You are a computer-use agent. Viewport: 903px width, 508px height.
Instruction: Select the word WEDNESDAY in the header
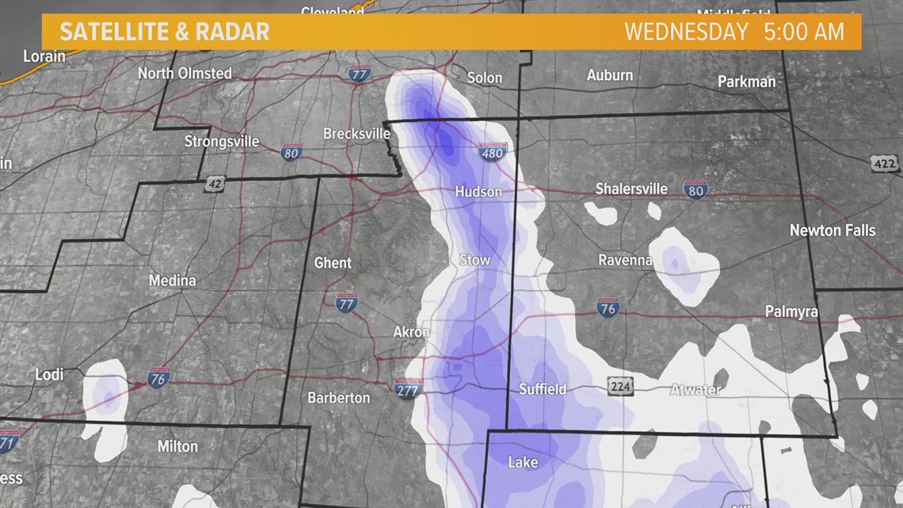[686, 32]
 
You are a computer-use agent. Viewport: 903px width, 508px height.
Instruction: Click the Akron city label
[411, 332]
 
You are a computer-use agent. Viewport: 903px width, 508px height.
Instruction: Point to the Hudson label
[478, 192]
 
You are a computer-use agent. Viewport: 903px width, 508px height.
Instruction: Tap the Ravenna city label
[625, 260]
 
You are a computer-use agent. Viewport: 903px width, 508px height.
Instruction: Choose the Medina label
[172, 281]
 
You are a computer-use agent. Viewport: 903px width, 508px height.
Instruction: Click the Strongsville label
[221, 142]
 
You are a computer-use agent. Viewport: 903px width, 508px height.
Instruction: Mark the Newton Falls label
[833, 231]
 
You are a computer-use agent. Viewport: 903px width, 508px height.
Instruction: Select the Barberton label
[338, 397]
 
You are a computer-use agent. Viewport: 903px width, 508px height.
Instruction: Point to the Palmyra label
[791, 312]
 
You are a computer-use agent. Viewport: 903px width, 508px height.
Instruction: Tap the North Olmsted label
[185, 74]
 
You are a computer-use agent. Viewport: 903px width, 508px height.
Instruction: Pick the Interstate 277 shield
[409, 388]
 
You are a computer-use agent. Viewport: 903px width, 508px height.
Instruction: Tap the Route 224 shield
[620, 386]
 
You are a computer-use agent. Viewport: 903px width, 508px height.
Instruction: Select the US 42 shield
[214, 184]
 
